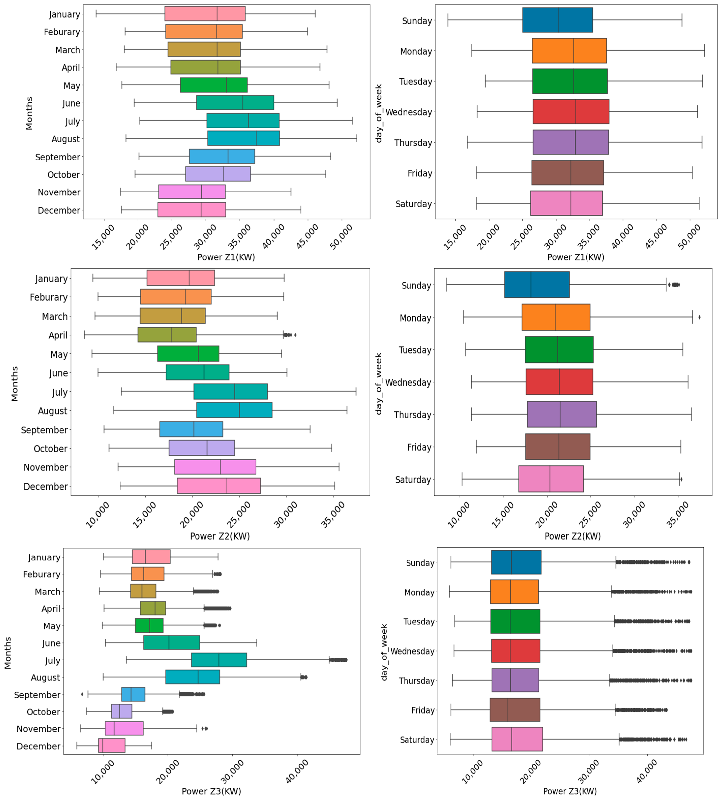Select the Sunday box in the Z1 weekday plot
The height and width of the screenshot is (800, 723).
[x=557, y=20]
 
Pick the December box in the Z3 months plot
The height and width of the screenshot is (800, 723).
[x=111, y=746]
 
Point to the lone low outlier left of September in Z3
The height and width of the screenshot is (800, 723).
[x=82, y=694]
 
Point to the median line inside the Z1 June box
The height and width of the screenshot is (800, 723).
[x=243, y=103]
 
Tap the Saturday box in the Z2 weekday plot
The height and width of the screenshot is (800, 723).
[x=550, y=479]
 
